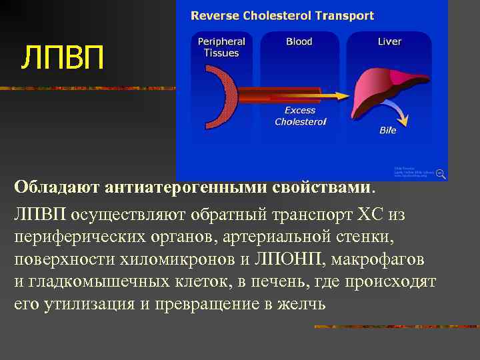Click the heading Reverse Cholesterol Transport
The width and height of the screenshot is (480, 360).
click(x=283, y=15)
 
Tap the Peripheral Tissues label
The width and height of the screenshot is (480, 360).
click(x=221, y=47)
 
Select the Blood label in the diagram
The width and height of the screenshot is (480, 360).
click(x=299, y=41)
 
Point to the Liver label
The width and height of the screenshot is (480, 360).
click(x=389, y=41)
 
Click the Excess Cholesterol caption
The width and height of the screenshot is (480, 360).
click(x=300, y=116)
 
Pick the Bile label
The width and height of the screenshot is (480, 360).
click(x=388, y=130)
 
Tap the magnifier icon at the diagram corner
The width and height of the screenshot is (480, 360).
click(x=441, y=173)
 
